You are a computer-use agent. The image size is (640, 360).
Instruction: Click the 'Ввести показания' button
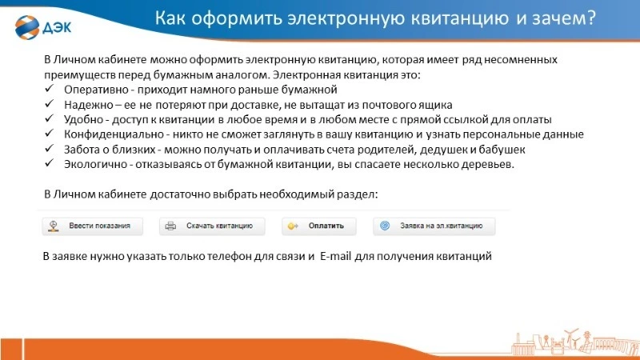(93, 226)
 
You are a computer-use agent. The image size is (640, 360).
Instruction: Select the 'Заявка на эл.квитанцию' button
(434, 226)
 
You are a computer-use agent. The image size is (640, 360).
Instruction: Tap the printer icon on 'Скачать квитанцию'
(170, 226)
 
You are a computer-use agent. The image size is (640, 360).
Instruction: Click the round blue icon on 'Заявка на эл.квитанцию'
(385, 226)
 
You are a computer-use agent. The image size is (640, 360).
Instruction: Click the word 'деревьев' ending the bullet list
(490, 164)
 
